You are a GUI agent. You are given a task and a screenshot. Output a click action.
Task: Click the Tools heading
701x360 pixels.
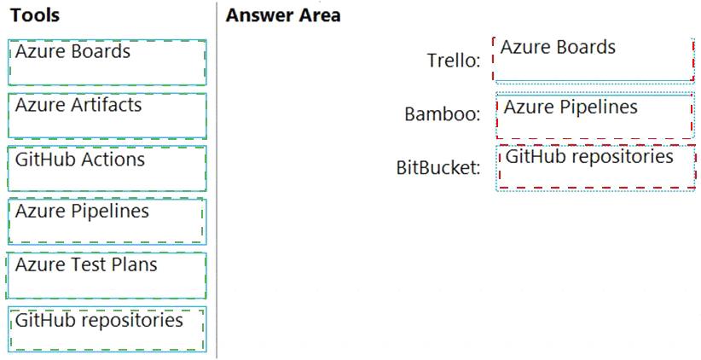point(35,15)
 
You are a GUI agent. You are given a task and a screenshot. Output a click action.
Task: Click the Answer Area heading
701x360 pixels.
point(283,15)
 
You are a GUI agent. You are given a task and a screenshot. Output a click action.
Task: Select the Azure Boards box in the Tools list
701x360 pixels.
point(107,62)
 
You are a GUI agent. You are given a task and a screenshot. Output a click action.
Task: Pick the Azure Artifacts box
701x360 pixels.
point(107,116)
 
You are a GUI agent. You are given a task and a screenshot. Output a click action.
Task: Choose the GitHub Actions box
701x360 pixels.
point(107,169)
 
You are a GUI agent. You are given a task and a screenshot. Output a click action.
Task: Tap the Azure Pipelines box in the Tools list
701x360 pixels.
point(107,221)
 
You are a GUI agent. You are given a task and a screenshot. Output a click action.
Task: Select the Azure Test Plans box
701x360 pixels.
point(107,276)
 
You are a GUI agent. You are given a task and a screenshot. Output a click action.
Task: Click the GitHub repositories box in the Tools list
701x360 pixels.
point(107,329)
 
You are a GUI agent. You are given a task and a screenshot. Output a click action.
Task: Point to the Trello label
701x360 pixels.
point(454,61)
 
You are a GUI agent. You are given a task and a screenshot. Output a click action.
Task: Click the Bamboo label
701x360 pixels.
point(442,114)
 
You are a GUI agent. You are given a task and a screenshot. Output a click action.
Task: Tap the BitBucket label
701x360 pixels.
point(438,168)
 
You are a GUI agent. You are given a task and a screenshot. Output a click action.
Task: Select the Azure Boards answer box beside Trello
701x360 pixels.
point(594,61)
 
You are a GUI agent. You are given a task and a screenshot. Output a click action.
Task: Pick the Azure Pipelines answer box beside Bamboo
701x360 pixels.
point(594,115)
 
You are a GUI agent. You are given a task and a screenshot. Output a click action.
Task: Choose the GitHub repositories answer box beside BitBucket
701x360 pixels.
point(595,168)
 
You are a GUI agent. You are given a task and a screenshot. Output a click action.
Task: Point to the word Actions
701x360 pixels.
point(113,160)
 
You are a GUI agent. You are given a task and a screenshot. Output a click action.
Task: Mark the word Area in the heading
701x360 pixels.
point(319,15)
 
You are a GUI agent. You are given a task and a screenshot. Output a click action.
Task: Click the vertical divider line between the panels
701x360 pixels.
point(217,180)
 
